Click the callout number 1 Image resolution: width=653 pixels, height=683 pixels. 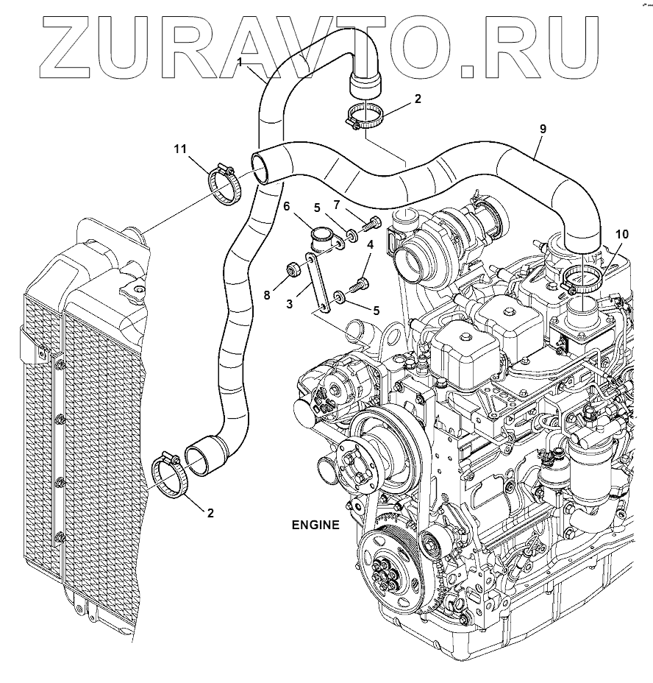pos(240,63)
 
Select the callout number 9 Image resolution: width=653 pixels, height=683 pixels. pos(543,129)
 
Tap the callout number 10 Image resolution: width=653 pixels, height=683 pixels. pos(622,234)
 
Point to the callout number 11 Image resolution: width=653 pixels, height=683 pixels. pos(179,149)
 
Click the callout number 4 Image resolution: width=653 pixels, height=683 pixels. pos(370,245)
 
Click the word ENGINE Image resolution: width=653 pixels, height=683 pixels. pos(315,525)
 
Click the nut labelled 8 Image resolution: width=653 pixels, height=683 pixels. pos(291,271)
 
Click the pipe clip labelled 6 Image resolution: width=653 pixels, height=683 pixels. pos(324,241)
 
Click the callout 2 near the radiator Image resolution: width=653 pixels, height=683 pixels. pos(210,513)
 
